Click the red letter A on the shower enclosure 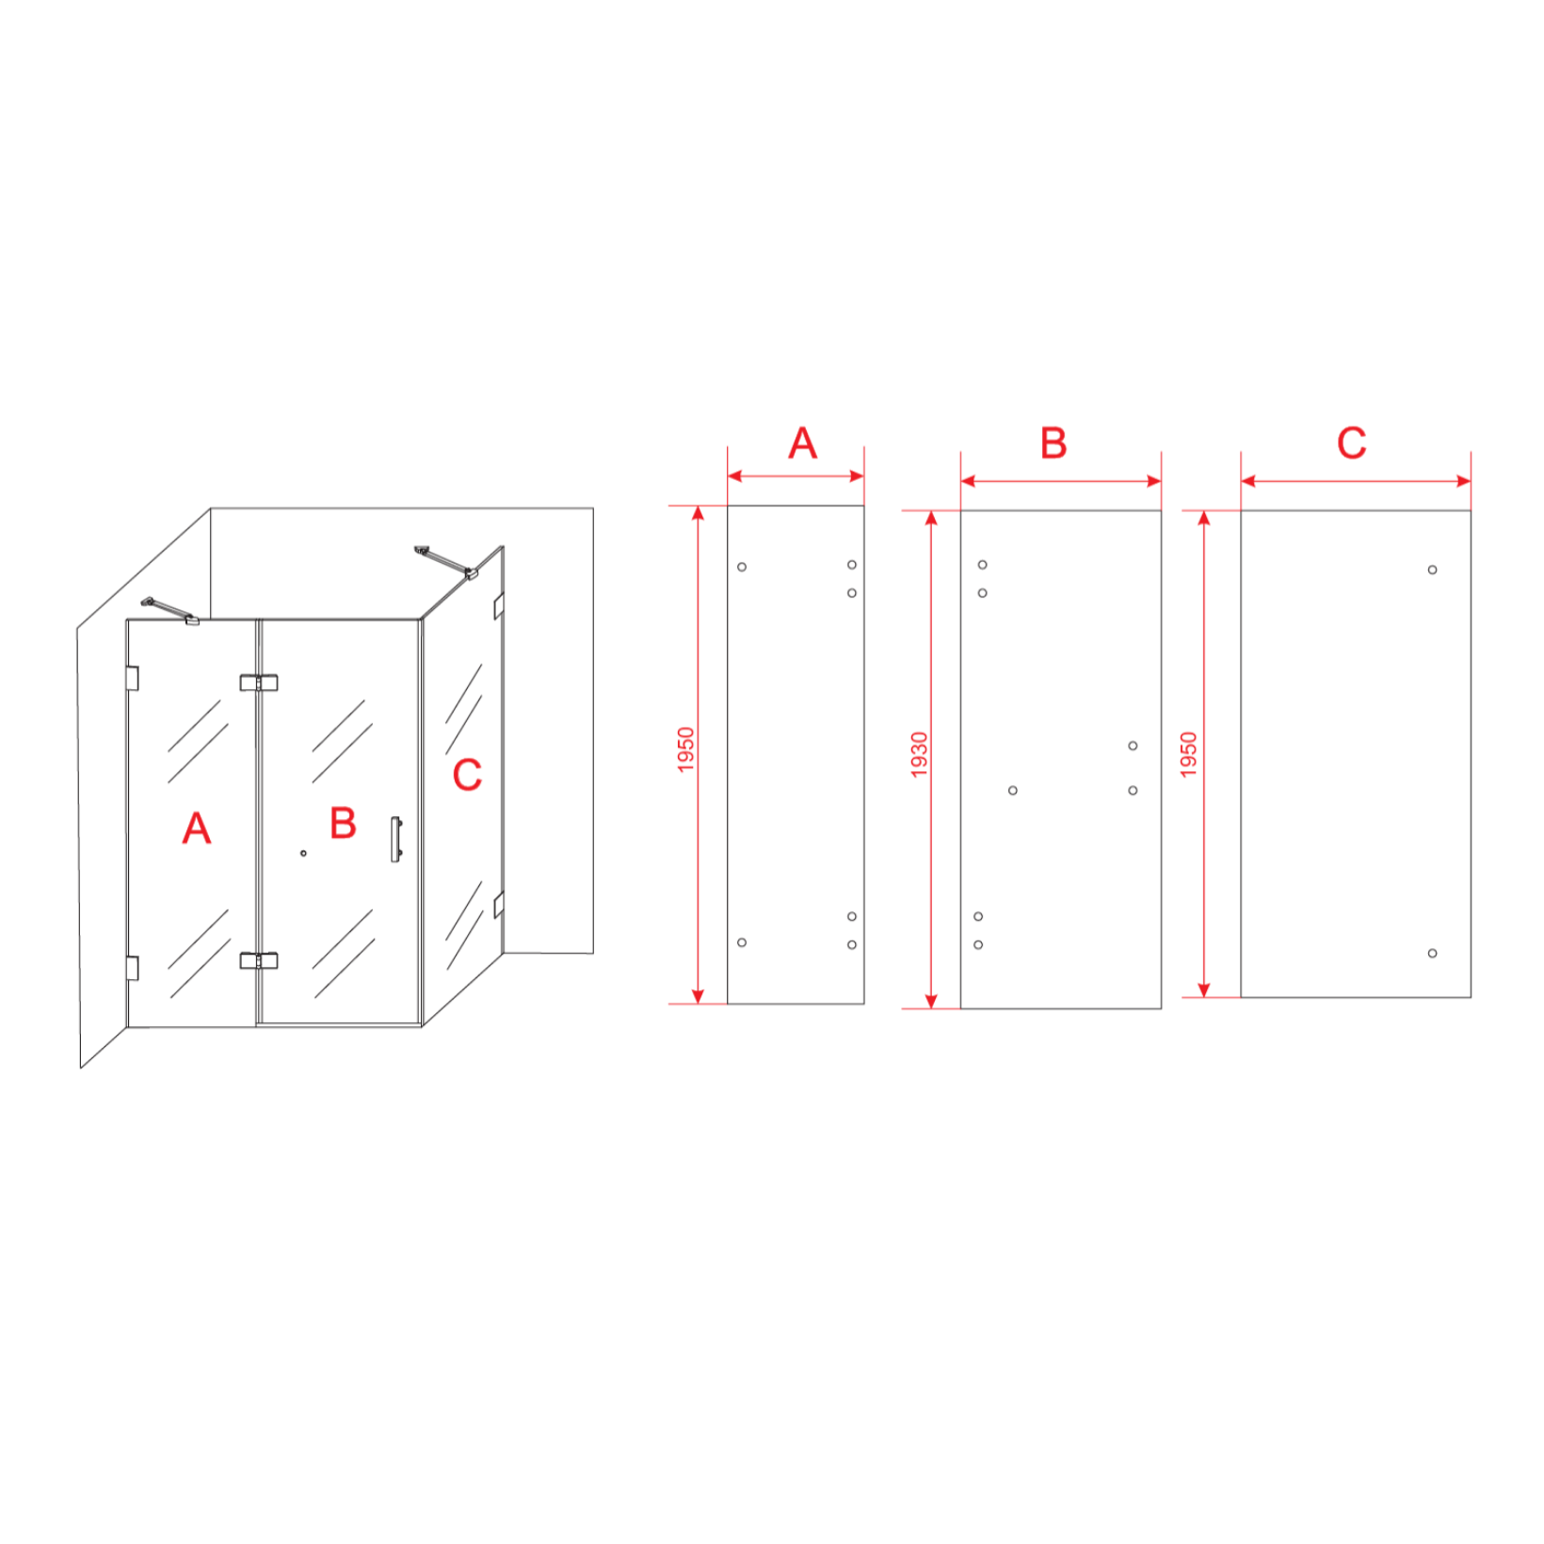[x=196, y=828]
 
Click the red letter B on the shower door [x=343, y=823]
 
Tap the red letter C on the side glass [x=467, y=775]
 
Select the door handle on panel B [x=396, y=839]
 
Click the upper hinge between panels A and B [x=258, y=683]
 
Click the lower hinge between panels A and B [x=258, y=960]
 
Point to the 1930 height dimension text [x=919, y=755]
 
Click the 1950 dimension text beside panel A [x=685, y=750]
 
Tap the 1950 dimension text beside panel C [x=1188, y=755]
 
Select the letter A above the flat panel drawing [x=802, y=443]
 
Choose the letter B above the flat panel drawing [x=1053, y=443]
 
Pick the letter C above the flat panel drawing [x=1351, y=443]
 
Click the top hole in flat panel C [x=1432, y=570]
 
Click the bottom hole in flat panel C [x=1432, y=954]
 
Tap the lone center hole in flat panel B [x=1013, y=791]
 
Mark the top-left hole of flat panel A [x=742, y=567]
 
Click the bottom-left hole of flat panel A [x=742, y=942]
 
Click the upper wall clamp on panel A [x=132, y=678]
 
